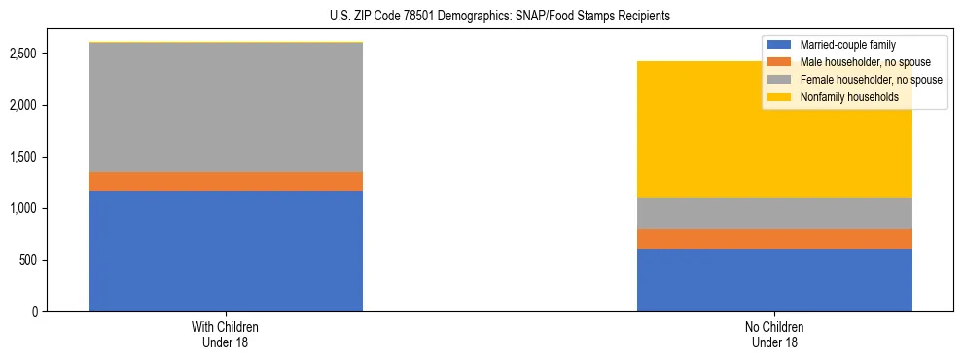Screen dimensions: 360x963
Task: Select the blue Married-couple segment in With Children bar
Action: coord(226,251)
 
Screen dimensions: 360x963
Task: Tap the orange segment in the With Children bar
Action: coord(226,181)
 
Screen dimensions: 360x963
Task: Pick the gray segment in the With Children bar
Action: coord(226,107)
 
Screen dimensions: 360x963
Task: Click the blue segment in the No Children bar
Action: coord(774,280)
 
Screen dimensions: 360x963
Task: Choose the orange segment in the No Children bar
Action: coord(774,238)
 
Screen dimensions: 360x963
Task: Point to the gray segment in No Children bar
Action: coord(774,213)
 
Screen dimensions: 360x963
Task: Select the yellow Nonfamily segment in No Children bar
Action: coord(774,146)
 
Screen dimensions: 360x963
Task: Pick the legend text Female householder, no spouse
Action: coord(870,80)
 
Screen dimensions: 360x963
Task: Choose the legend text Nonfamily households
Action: coord(848,97)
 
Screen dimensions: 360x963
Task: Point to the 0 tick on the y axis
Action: coord(35,312)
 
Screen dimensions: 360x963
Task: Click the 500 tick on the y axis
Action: coord(29,261)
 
